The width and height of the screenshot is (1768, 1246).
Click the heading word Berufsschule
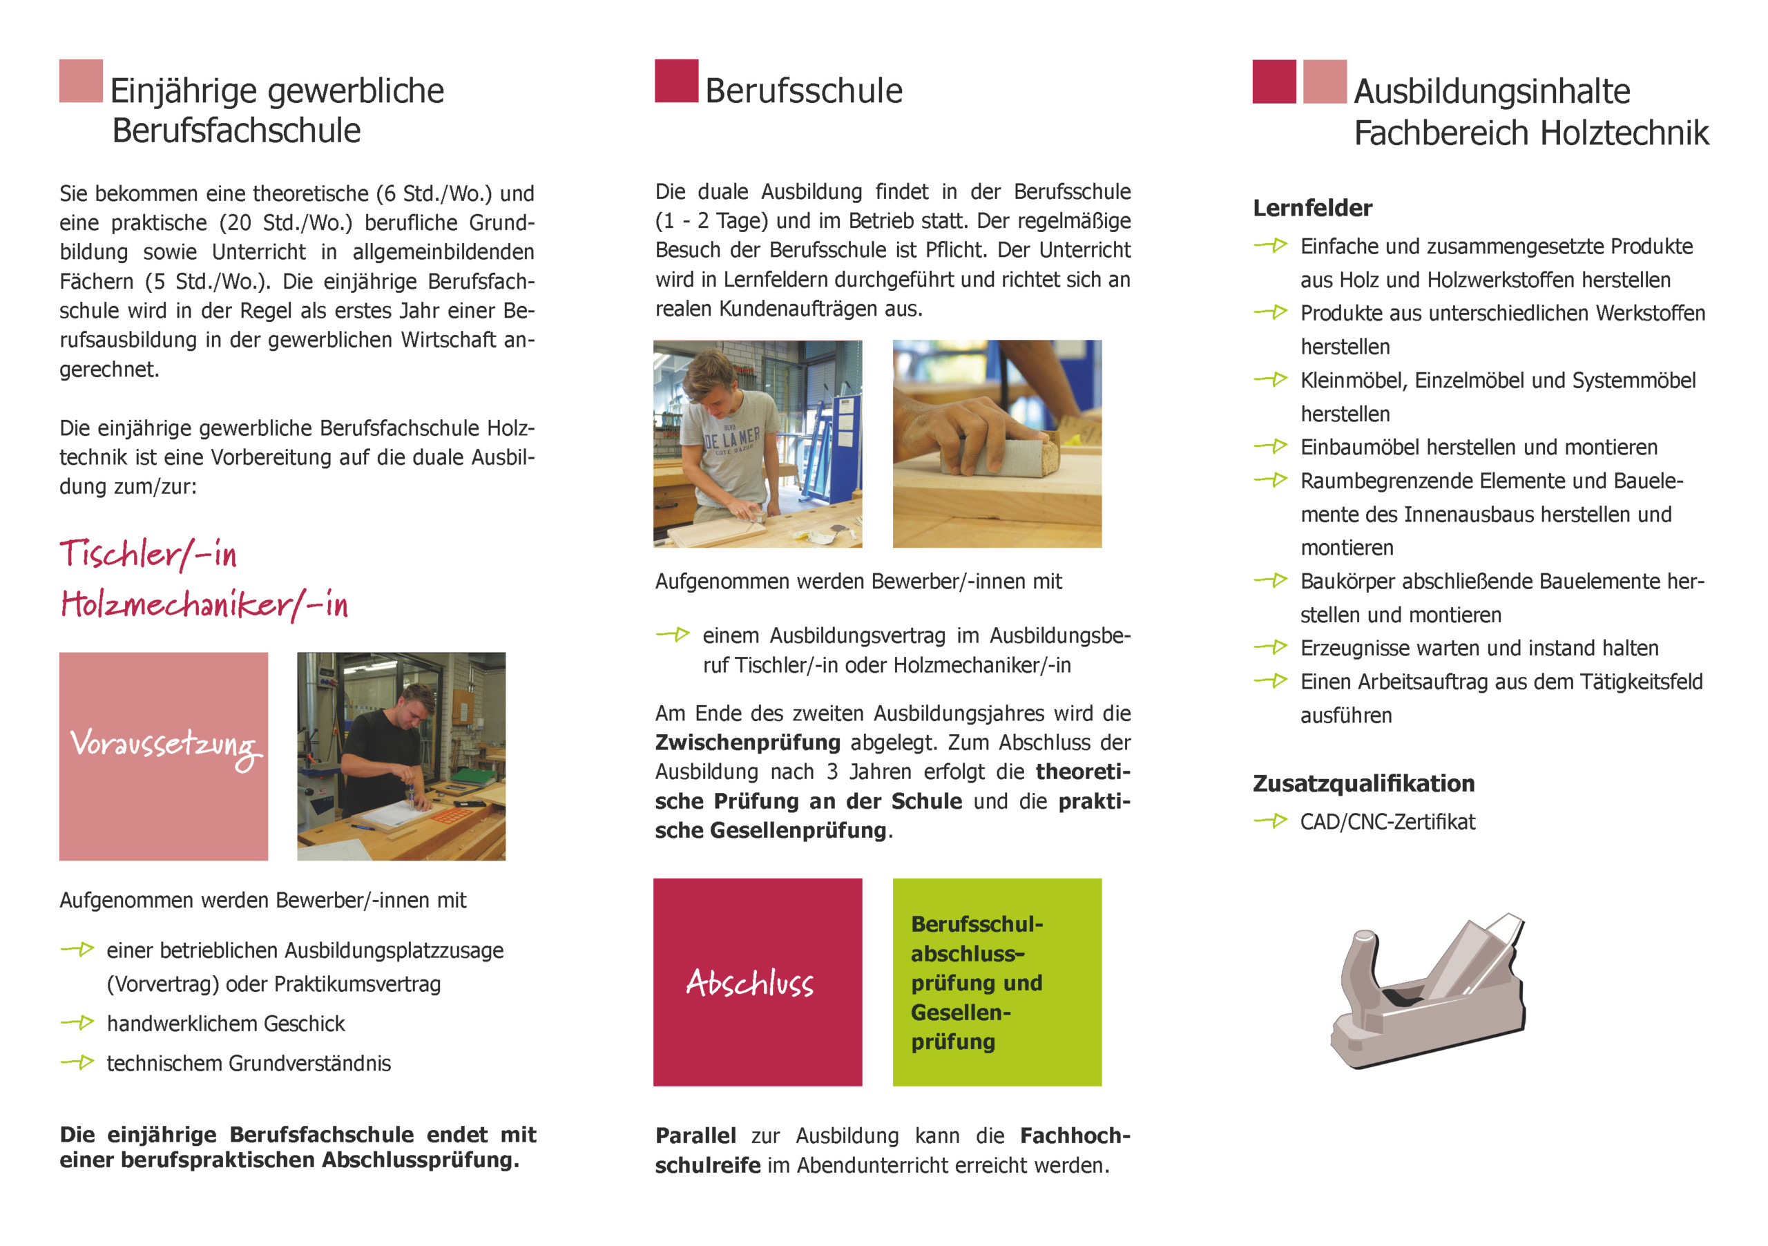tap(803, 91)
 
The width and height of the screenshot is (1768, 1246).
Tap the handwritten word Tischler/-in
tap(148, 555)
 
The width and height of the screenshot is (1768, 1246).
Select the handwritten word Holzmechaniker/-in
tap(204, 605)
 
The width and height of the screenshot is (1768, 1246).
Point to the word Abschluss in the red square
tap(749, 984)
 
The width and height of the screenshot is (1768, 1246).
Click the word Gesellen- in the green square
tap(960, 1013)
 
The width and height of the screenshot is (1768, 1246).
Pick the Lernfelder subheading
tap(1312, 208)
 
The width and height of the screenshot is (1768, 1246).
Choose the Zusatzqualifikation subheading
tap(1363, 783)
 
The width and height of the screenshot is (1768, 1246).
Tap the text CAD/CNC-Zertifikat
tap(1387, 822)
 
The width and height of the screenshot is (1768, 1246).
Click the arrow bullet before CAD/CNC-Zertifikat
tap(1271, 821)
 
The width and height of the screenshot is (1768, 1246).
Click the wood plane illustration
tap(1428, 993)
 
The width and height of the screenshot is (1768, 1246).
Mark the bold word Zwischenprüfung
tap(747, 742)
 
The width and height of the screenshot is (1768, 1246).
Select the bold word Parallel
tap(695, 1136)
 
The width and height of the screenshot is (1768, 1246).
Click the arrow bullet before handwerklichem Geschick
tap(77, 1023)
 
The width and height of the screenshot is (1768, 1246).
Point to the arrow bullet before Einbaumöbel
tap(1271, 446)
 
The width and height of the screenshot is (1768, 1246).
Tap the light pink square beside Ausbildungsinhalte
tap(1325, 81)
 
